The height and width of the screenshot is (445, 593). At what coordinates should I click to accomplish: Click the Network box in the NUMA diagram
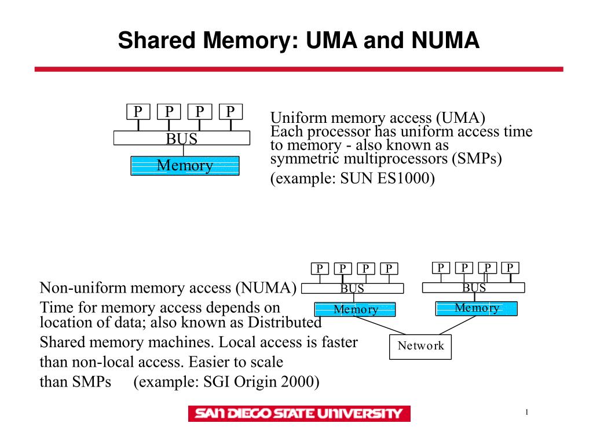pyautogui.click(x=420, y=346)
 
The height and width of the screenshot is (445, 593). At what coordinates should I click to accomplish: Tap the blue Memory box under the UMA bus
pyautogui.click(x=185, y=166)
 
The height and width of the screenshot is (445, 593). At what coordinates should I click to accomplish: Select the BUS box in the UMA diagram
pyautogui.click(x=182, y=138)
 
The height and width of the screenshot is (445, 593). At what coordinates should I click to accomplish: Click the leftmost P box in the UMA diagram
pyautogui.click(x=138, y=111)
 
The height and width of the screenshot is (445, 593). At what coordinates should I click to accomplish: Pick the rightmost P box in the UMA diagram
pyautogui.click(x=230, y=111)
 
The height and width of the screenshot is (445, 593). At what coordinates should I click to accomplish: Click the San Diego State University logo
pyautogui.click(x=299, y=413)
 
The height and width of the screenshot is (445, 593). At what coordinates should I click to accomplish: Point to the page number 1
pyautogui.click(x=527, y=412)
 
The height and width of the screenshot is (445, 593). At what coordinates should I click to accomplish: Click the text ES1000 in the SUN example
pyautogui.click(x=404, y=178)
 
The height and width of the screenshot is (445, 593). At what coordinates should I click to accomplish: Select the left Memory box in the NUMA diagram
pyautogui.click(x=355, y=309)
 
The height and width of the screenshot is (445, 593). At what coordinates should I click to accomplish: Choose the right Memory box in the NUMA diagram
pyautogui.click(x=476, y=308)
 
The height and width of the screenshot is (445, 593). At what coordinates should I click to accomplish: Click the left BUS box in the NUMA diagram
pyautogui.click(x=352, y=289)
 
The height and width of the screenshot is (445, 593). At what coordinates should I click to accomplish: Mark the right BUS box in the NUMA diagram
pyautogui.click(x=474, y=287)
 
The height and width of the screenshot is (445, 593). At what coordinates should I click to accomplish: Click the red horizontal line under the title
pyautogui.click(x=299, y=69)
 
